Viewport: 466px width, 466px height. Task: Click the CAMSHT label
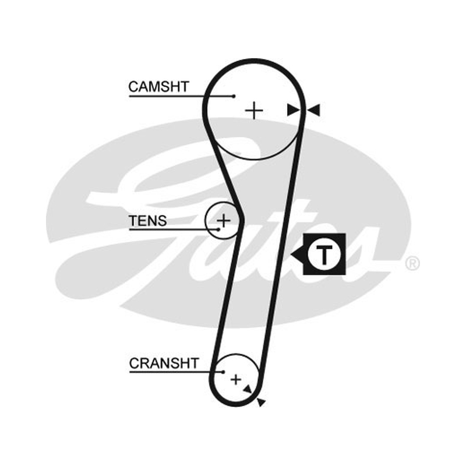tap(158, 87)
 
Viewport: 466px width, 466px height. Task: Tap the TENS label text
tap(147, 221)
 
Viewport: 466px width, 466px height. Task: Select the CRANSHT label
tap(164, 363)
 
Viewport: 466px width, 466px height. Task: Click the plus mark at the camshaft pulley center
tap(254, 111)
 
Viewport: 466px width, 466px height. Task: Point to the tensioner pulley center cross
tap(224, 221)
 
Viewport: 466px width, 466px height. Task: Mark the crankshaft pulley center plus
tap(236, 380)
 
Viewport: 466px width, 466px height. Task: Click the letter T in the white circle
tap(324, 255)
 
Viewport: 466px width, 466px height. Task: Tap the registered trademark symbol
tap(412, 263)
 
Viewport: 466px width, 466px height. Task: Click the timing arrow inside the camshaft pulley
tap(294, 110)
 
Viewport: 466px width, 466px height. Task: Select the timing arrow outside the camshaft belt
tap(313, 110)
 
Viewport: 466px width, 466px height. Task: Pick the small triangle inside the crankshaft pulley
tap(248, 389)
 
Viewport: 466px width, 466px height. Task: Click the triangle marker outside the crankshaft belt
tap(261, 402)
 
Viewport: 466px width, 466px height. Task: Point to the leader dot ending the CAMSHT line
tap(234, 96)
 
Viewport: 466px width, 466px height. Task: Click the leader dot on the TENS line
tap(219, 230)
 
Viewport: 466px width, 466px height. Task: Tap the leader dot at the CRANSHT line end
tap(224, 372)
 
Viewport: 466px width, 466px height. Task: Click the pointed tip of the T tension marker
tap(291, 255)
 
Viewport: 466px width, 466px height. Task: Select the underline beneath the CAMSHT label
tap(181, 96)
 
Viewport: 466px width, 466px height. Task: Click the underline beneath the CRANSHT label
tap(176, 372)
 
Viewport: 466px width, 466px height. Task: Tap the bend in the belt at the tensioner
tap(241, 221)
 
